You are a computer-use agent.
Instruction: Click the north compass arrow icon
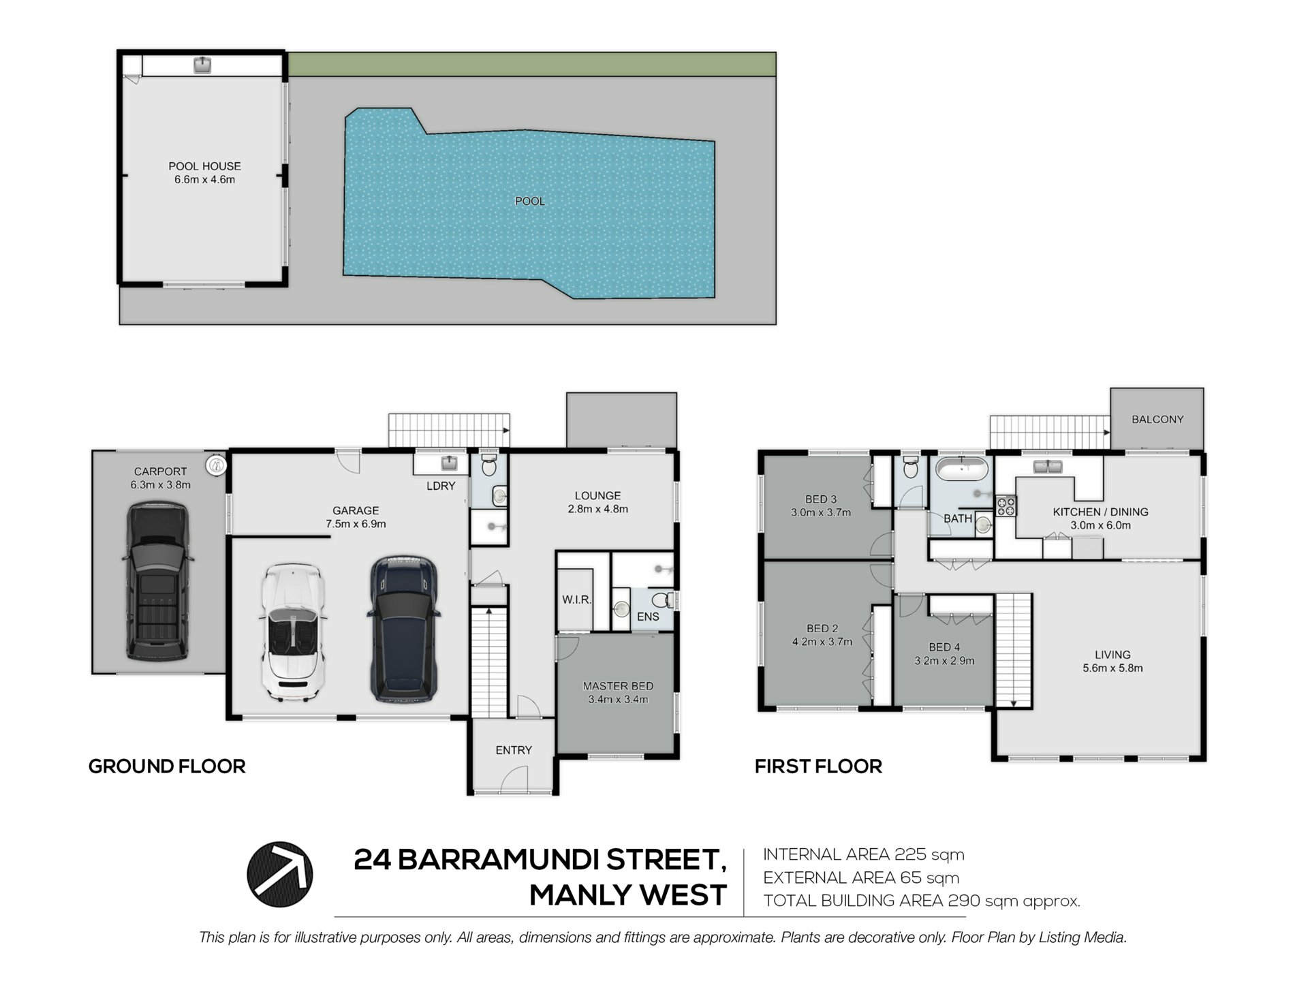[279, 875]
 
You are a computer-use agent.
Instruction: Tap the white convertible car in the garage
[292, 632]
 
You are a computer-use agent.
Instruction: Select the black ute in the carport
[157, 582]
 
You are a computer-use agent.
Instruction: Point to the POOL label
[530, 201]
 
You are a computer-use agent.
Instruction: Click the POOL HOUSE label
[204, 166]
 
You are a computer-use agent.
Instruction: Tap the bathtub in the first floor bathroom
[961, 469]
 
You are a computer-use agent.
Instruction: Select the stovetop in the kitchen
[1006, 506]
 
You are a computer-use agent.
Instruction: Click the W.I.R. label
[576, 600]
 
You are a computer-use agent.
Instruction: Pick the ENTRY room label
[514, 750]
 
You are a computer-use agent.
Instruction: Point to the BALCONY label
[1157, 420]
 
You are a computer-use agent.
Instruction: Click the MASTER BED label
[618, 686]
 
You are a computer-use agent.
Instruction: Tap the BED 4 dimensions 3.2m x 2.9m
[944, 661]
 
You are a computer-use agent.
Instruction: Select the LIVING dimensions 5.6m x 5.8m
[1112, 668]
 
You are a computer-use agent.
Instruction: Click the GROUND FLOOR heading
[167, 766]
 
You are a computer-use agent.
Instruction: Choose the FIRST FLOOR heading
[818, 766]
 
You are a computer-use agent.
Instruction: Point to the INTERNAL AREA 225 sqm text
[864, 854]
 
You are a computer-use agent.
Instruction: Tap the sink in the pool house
[202, 65]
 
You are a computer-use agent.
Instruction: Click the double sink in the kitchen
[1048, 467]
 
